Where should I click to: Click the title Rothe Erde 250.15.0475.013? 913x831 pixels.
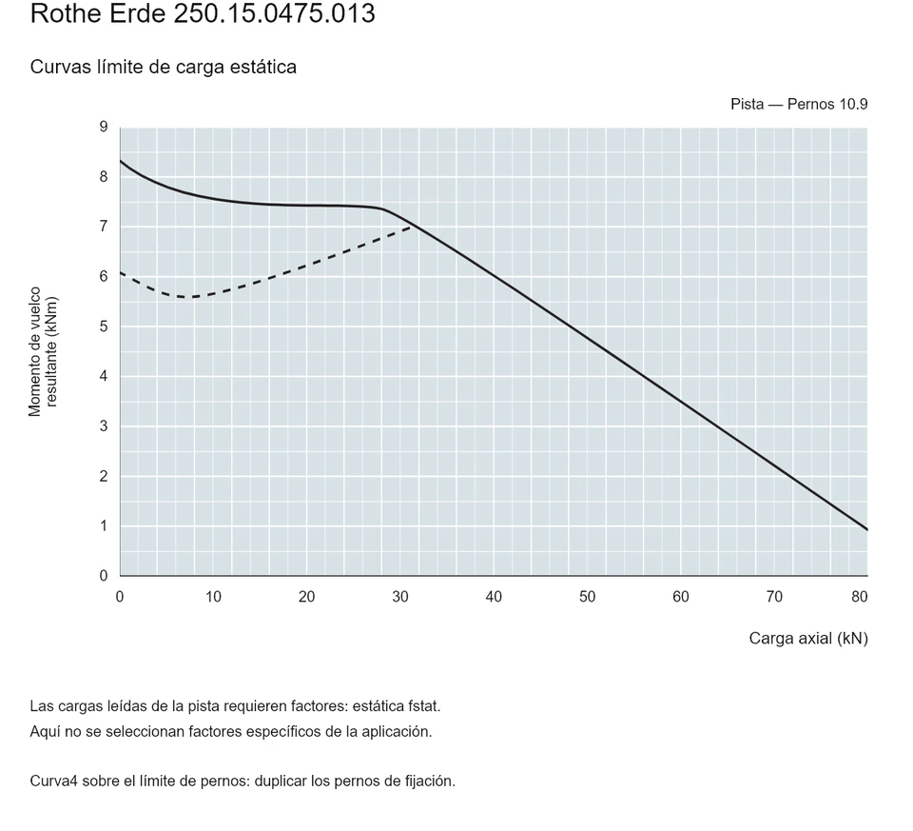(203, 13)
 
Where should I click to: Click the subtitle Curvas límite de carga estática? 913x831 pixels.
(163, 67)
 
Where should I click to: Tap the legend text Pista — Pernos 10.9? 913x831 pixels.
(799, 105)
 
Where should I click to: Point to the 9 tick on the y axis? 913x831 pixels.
(104, 127)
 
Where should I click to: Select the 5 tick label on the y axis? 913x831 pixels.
(104, 326)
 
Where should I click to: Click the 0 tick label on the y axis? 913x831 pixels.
(104, 576)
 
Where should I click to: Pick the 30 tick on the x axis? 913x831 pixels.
(400, 597)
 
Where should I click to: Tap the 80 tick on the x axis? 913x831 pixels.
(860, 597)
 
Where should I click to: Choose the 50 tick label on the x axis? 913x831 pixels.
(587, 597)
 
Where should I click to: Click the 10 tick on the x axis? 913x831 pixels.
(213, 597)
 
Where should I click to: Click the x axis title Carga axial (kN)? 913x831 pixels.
(808, 639)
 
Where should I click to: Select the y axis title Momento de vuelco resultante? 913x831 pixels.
(43, 351)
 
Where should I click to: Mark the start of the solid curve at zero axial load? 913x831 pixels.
(121, 160)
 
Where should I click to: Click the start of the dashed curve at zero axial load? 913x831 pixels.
(121, 272)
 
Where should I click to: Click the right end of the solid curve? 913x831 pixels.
(867, 529)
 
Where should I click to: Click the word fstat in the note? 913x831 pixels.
(424, 706)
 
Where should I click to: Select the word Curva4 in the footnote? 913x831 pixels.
(53, 782)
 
